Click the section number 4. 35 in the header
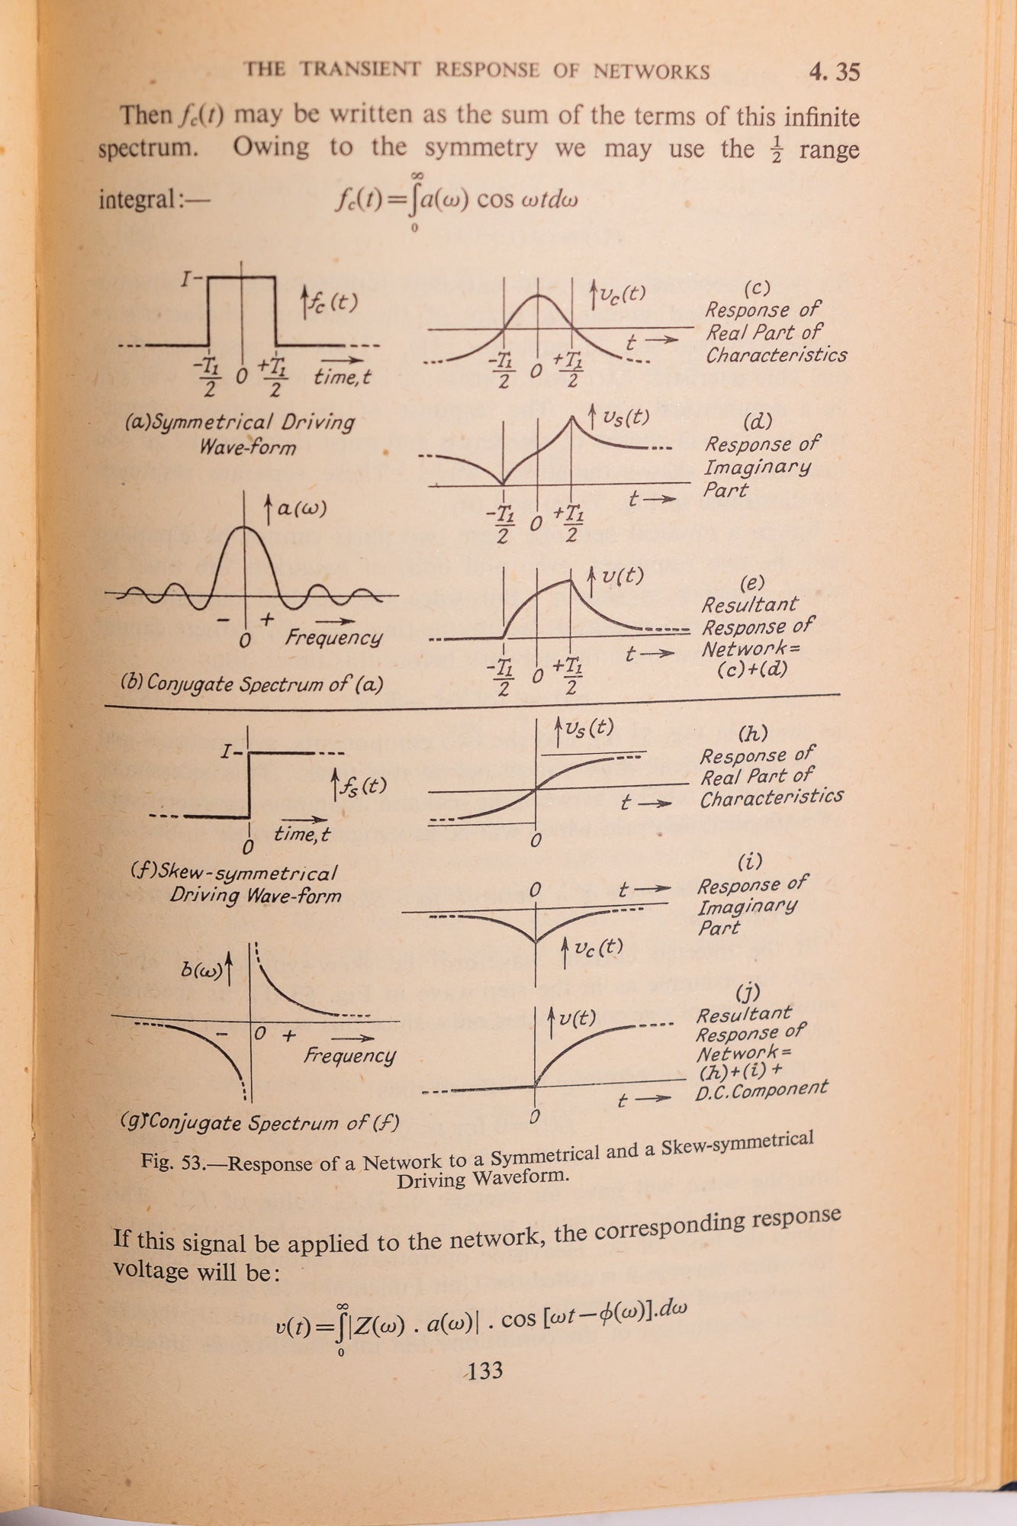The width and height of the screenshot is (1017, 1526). click(834, 72)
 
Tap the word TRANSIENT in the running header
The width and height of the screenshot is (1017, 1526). click(359, 69)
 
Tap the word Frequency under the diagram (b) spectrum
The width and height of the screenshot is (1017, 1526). click(333, 637)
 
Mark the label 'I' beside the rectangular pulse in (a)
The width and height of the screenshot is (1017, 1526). click(186, 279)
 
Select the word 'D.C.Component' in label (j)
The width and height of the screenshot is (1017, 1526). click(761, 1090)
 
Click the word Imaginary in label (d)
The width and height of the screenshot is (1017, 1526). click(757, 467)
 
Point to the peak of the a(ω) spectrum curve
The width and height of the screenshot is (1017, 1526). click(244, 527)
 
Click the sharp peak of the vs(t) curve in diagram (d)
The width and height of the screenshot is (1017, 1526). click(572, 416)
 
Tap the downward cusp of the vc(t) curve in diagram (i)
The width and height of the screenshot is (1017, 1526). click(536, 940)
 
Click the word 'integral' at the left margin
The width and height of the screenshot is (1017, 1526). click(137, 200)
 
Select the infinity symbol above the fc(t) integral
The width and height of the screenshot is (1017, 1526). click(417, 176)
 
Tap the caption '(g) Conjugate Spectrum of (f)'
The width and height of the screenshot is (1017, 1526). click(259, 1122)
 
